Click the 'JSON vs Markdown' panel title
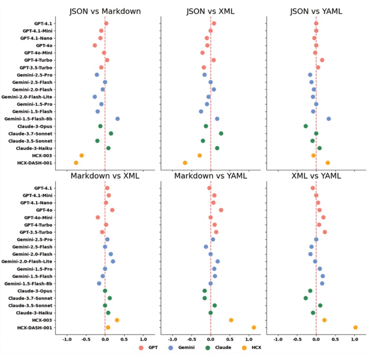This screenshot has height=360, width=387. tap(105, 11)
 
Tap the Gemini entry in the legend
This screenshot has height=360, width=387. tap(181, 347)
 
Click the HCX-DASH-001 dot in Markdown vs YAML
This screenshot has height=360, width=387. tap(254, 328)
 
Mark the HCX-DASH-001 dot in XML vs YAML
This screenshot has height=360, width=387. tap(356, 328)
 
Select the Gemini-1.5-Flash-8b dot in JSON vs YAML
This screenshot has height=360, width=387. tap(329, 118)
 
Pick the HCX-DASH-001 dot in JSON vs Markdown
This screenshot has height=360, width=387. tap(76, 163)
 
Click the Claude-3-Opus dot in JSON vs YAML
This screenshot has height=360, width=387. tap(306, 126)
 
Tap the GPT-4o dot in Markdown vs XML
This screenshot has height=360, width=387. tap(112, 210)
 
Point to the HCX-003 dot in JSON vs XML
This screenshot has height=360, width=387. tap(200, 156)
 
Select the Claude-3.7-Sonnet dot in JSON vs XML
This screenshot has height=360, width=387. tap(221, 133)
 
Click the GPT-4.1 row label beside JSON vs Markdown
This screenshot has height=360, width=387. tap(44, 23)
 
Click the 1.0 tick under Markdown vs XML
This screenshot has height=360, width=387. tap(143, 339)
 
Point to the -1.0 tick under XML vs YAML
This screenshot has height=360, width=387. tap(278, 339)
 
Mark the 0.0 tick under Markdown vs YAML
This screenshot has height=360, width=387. tap(210, 339)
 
